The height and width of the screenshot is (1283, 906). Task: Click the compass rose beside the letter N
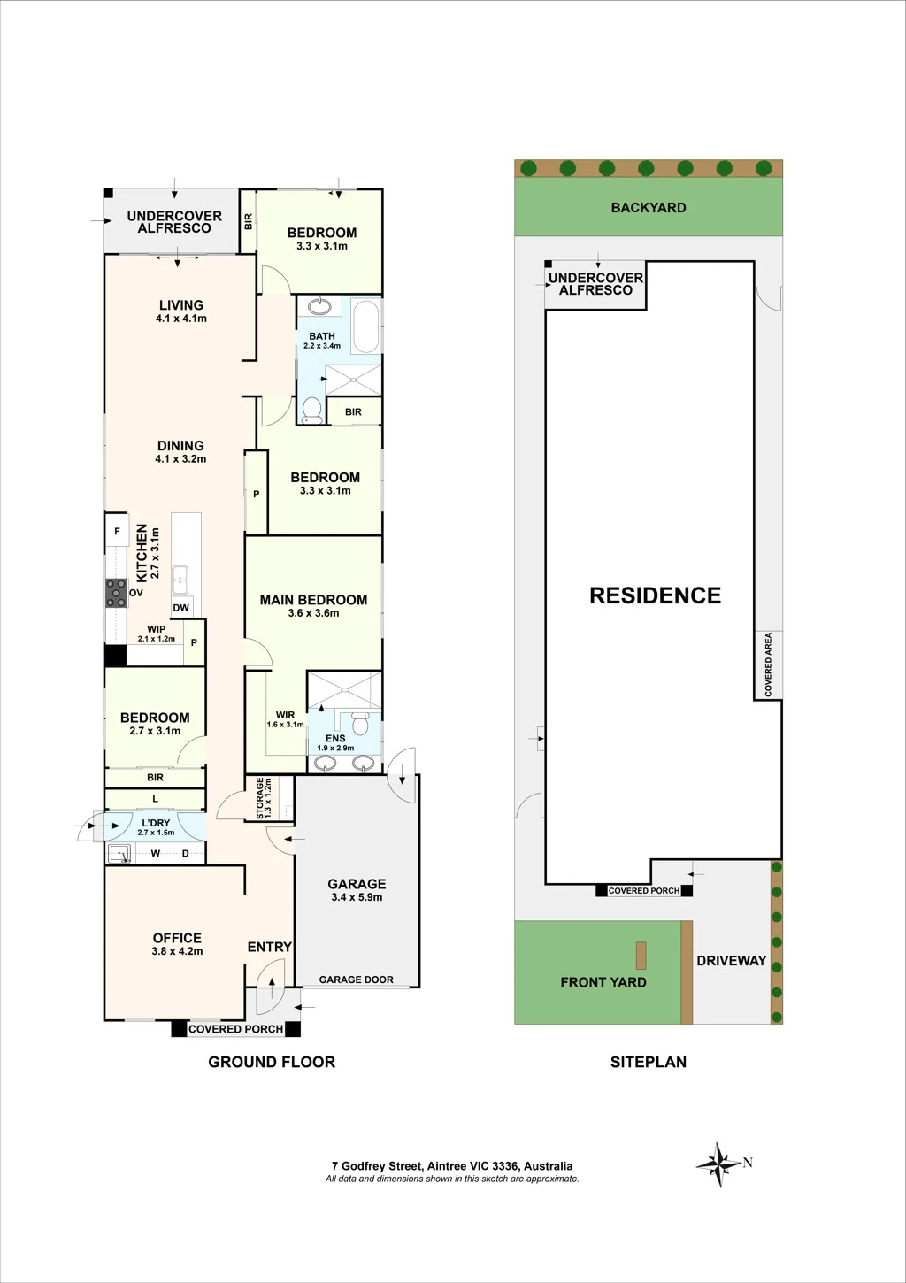[x=718, y=1164]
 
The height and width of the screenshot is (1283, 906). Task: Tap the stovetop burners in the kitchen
[x=116, y=593]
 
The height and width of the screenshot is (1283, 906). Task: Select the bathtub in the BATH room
[x=366, y=326]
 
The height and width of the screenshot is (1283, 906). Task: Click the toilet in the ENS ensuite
[x=359, y=723]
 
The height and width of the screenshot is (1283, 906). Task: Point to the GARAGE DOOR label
[x=357, y=980]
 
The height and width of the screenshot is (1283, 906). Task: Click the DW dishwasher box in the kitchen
[x=181, y=607]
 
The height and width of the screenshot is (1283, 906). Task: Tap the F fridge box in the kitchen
[x=117, y=532]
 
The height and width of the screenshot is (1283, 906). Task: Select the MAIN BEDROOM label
[x=313, y=600]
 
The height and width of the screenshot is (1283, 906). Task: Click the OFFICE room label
[x=177, y=938]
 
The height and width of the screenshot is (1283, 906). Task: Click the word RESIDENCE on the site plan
[x=655, y=595]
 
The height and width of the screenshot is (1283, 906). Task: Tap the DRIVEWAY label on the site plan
[x=732, y=961]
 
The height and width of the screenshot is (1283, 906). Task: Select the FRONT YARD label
[x=603, y=982]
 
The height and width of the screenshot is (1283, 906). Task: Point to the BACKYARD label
[x=649, y=207]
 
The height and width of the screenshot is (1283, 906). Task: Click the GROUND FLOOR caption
[x=272, y=1062]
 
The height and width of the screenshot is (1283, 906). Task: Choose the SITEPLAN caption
[x=649, y=1062]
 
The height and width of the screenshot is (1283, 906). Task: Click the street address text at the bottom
[x=452, y=1165]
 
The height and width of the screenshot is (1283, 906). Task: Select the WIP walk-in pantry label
[x=157, y=629]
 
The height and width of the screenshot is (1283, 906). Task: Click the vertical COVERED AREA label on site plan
[x=768, y=665]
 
